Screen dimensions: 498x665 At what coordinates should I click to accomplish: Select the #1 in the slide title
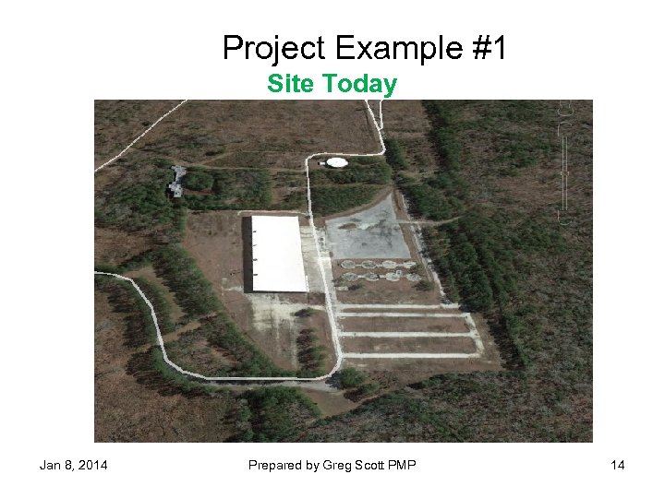(x=488, y=48)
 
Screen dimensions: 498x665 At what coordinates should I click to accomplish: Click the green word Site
(x=292, y=84)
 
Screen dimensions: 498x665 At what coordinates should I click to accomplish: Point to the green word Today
(x=360, y=84)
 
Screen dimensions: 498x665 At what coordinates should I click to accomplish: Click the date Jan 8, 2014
(x=73, y=465)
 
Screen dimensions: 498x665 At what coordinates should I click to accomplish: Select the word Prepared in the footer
(x=275, y=465)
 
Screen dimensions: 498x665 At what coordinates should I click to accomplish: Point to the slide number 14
(x=618, y=465)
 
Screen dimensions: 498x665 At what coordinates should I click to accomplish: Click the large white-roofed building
(x=278, y=254)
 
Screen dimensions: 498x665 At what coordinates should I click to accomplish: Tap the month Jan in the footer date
(x=50, y=465)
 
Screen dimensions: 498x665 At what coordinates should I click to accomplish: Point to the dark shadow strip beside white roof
(x=247, y=254)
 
